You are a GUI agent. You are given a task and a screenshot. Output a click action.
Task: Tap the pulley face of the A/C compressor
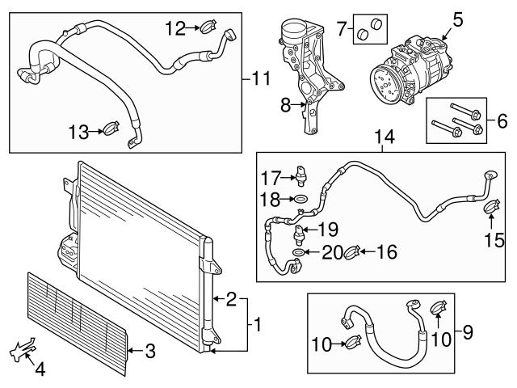384,81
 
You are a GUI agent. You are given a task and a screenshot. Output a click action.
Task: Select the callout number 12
175,29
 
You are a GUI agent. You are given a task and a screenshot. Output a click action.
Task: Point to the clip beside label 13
111,128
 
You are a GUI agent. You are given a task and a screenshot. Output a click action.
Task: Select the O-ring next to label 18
300,198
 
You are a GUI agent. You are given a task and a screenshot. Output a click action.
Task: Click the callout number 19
327,228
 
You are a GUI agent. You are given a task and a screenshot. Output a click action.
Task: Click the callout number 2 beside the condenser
232,300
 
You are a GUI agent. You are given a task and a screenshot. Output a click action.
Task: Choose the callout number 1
256,326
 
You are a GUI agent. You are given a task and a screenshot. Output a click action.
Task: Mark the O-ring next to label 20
299,253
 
